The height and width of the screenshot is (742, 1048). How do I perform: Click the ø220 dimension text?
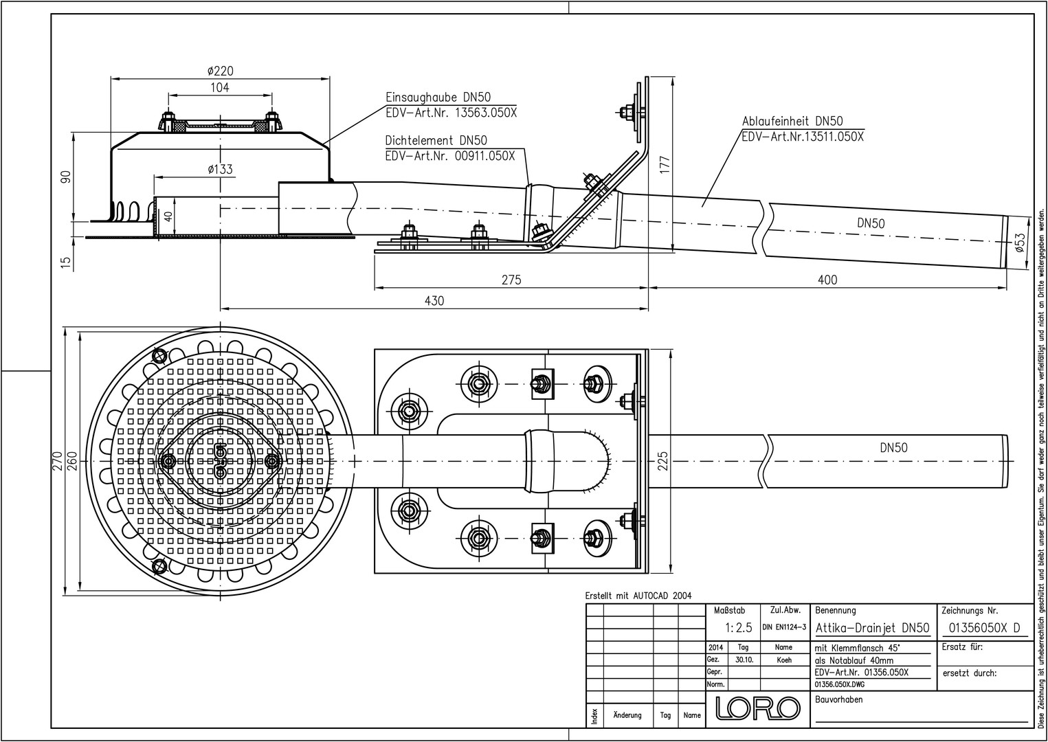220,71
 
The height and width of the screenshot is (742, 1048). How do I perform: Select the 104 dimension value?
220,87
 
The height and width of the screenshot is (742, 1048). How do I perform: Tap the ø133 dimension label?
220,170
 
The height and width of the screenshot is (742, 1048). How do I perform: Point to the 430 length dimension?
434,301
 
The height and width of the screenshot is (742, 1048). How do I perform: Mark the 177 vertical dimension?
665,165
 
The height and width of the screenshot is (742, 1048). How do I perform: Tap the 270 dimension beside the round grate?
57,461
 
